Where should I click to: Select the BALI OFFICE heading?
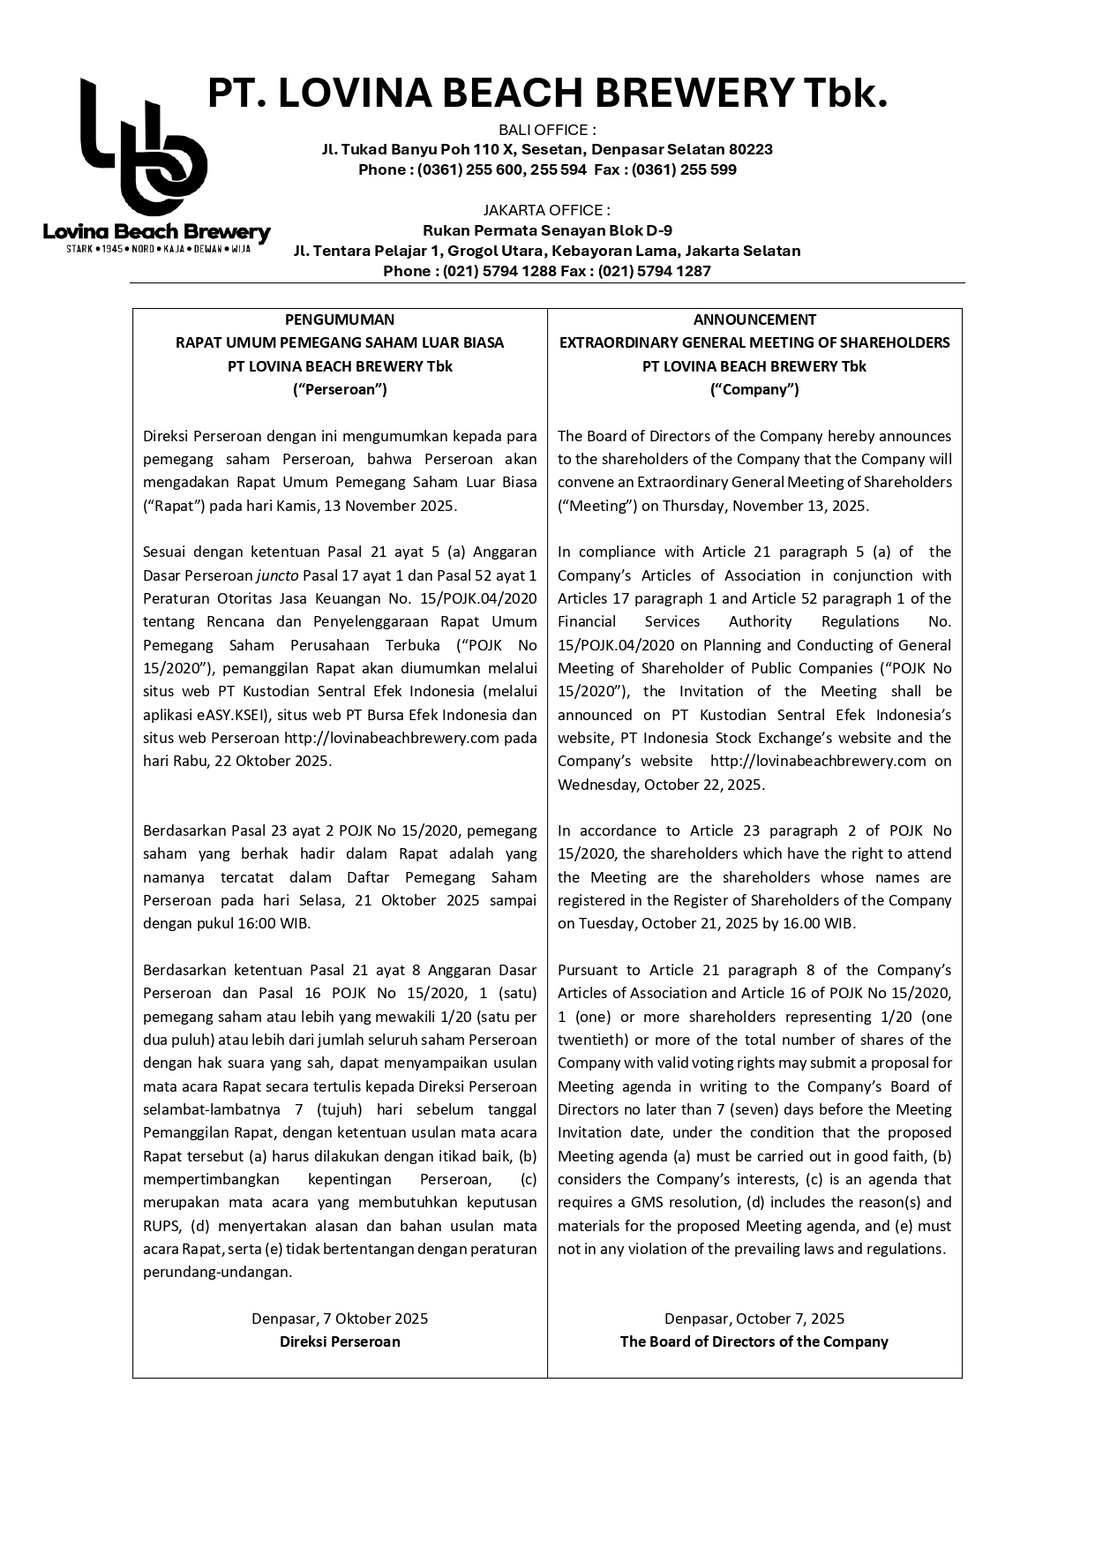pyautogui.click(x=547, y=131)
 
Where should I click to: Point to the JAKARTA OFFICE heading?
pyautogui.click(x=547, y=210)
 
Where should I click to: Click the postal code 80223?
pyautogui.click(x=751, y=149)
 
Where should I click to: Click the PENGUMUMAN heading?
pyautogui.click(x=340, y=319)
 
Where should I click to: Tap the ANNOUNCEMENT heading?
pyautogui.click(x=754, y=319)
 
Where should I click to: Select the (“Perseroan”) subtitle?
pyautogui.click(x=340, y=389)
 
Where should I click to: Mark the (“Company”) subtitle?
pyautogui.click(x=754, y=389)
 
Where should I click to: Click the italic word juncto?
pyautogui.click(x=277, y=575)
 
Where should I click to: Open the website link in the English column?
pyautogui.click(x=818, y=761)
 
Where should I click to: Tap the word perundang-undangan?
pyautogui.click(x=217, y=1272)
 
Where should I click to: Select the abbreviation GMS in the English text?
pyautogui.click(x=645, y=1202)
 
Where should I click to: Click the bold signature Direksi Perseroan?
pyautogui.click(x=340, y=1341)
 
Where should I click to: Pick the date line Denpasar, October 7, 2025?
pyautogui.click(x=754, y=1319)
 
